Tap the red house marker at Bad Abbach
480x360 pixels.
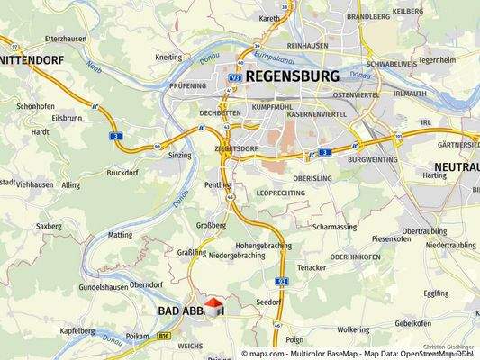(214, 308)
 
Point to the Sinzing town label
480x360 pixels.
(179, 155)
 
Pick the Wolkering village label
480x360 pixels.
(353, 329)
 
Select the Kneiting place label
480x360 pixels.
(168, 57)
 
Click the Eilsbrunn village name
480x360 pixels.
(67, 117)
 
